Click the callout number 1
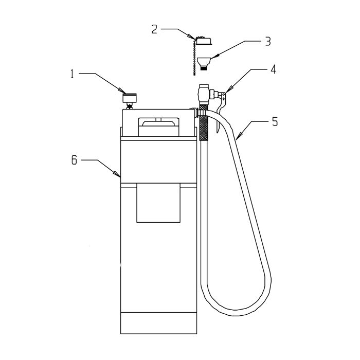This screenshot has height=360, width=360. click(x=73, y=74)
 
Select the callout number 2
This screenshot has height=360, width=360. click(x=154, y=30)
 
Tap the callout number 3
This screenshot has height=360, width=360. click(x=268, y=41)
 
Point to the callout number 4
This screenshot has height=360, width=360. click(x=273, y=69)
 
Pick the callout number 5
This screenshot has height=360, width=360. click(x=275, y=121)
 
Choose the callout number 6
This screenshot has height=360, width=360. click(x=74, y=160)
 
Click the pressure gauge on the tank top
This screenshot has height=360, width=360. click(x=130, y=98)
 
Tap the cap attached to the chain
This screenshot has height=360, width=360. click(x=204, y=41)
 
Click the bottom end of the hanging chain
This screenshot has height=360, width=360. click(x=194, y=74)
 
